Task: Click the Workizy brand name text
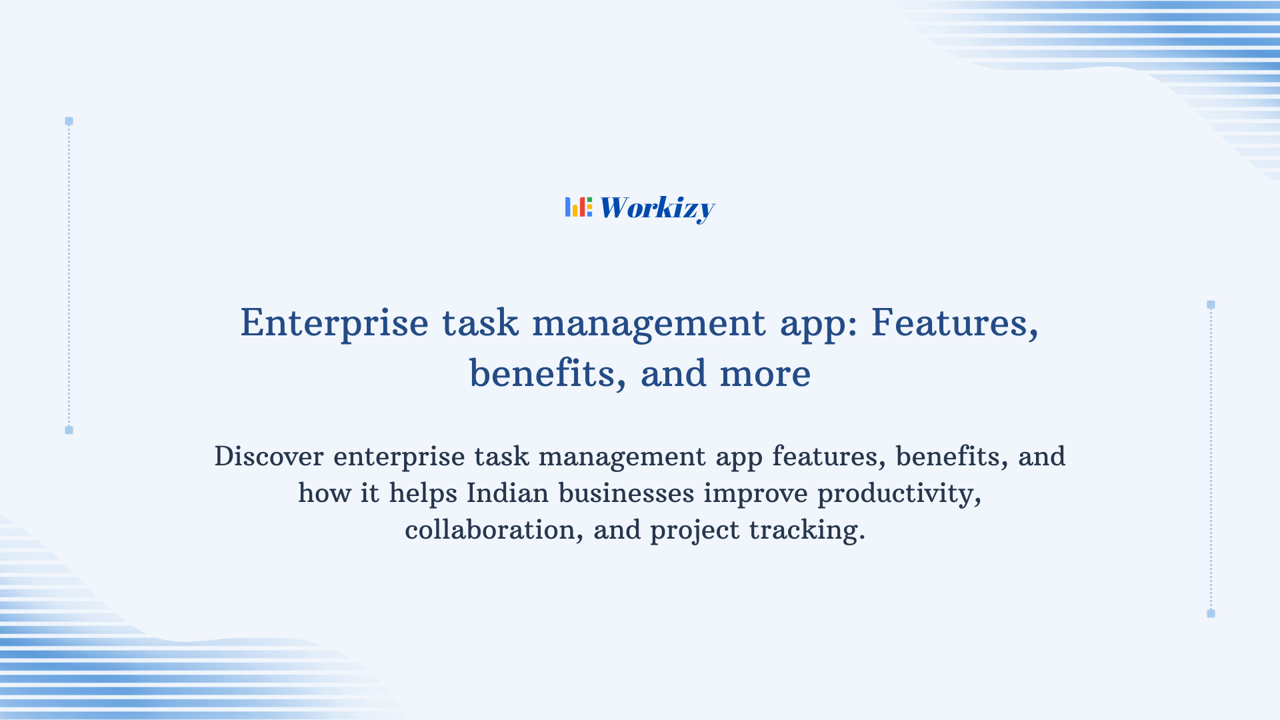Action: click(657, 208)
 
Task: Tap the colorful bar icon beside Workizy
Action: click(578, 207)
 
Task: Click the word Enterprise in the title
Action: click(334, 323)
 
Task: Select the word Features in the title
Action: click(954, 323)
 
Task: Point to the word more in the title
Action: click(765, 373)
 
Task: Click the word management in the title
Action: click(649, 323)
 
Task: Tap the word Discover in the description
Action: click(269, 457)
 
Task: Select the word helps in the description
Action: click(423, 493)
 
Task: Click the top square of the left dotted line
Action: click(69, 121)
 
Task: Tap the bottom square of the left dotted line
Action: click(69, 430)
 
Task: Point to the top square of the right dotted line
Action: click(1211, 305)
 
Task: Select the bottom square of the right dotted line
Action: click(1211, 613)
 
